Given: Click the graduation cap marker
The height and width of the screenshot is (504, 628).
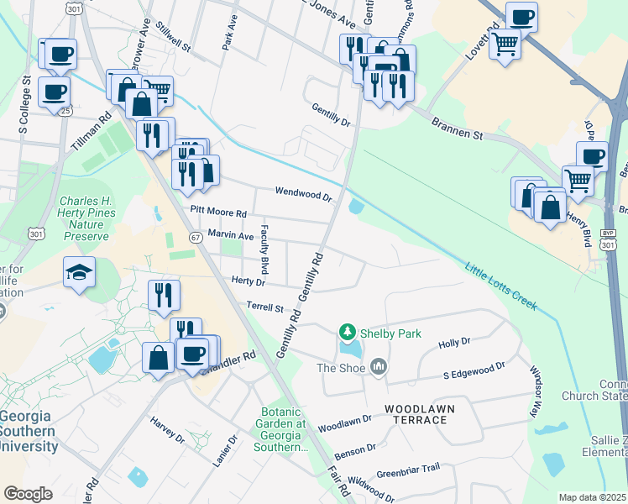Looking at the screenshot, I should [x=80, y=271].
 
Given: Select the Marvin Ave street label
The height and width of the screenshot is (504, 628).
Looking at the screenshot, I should [x=230, y=236].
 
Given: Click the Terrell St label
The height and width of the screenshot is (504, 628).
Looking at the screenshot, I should [x=265, y=307].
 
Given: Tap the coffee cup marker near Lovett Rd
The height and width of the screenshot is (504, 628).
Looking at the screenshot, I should [x=521, y=17].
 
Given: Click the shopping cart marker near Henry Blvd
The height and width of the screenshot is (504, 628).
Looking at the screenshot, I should [x=578, y=179].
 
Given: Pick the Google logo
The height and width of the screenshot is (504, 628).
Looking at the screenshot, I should [x=28, y=494].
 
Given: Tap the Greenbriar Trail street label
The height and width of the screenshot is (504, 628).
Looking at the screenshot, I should [x=408, y=472].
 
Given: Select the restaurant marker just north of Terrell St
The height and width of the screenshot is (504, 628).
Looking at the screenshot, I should [x=163, y=295].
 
